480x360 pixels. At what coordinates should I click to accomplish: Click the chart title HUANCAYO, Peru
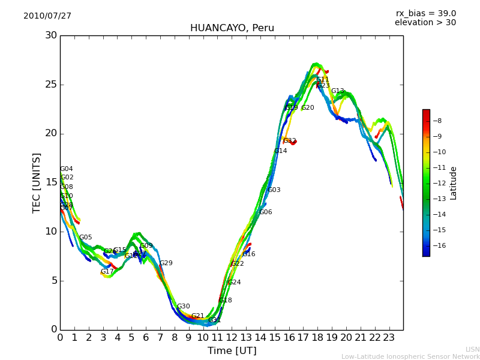click(232, 28)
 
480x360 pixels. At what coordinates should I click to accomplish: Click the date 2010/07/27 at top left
click(47, 16)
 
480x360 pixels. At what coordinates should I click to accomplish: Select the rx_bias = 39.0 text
click(425, 14)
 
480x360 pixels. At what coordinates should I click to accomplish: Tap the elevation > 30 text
click(425, 23)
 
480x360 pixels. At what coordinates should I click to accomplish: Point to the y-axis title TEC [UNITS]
click(37, 182)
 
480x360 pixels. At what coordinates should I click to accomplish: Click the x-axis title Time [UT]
click(232, 351)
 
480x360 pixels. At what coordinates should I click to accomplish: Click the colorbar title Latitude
click(454, 183)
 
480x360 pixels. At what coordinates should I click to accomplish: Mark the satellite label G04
click(66, 169)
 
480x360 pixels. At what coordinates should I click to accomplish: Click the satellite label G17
click(107, 272)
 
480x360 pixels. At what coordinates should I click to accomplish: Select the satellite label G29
click(166, 263)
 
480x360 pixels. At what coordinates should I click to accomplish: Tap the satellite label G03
click(274, 190)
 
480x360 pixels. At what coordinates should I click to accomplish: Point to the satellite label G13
click(337, 91)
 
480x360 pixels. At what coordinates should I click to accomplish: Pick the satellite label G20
click(307, 108)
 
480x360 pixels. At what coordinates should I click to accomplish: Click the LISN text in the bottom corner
click(472, 349)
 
